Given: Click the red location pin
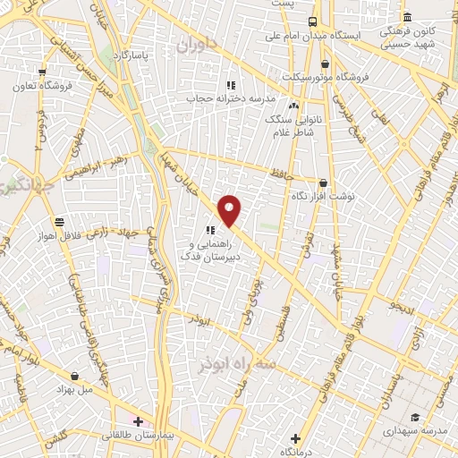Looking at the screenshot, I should click(230, 210).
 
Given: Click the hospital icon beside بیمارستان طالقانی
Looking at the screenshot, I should click(138, 420).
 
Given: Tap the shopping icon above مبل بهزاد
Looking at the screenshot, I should click(74, 376).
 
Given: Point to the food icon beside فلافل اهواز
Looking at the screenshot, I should click(59, 221).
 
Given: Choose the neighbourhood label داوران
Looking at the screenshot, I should click(197, 44).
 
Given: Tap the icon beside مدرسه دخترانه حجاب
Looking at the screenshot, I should click(229, 85).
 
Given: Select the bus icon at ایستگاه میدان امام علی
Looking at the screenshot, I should click(312, 21).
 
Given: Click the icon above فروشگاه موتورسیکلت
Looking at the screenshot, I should click(324, 64).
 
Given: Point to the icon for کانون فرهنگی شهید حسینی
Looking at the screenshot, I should click(408, 18).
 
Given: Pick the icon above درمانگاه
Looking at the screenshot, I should click(295, 438).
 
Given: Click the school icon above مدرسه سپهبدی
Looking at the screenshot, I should click(415, 417).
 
